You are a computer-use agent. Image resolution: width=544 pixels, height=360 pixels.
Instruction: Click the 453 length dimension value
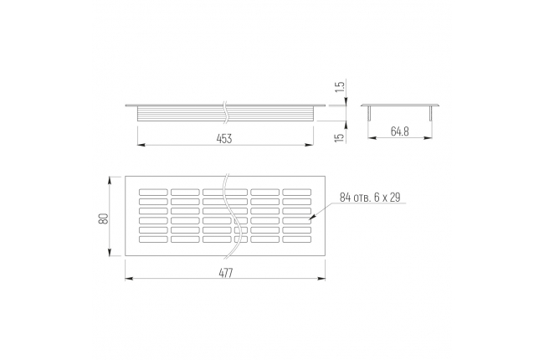click(224, 138)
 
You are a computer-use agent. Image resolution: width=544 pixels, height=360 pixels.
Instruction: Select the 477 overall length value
click(225, 273)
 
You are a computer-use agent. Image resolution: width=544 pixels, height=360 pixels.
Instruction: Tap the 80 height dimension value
click(104, 219)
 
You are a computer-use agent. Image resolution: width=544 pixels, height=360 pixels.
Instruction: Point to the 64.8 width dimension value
click(400, 131)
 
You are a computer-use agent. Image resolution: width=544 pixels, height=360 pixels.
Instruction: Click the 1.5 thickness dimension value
click(341, 86)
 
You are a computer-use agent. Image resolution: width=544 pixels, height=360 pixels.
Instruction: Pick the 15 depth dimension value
click(341, 136)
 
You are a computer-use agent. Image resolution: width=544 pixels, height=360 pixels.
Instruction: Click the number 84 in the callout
click(345, 198)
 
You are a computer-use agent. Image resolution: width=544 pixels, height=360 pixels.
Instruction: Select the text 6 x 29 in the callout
click(387, 198)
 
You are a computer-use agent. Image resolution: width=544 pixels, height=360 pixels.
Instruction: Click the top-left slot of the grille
click(153, 192)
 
